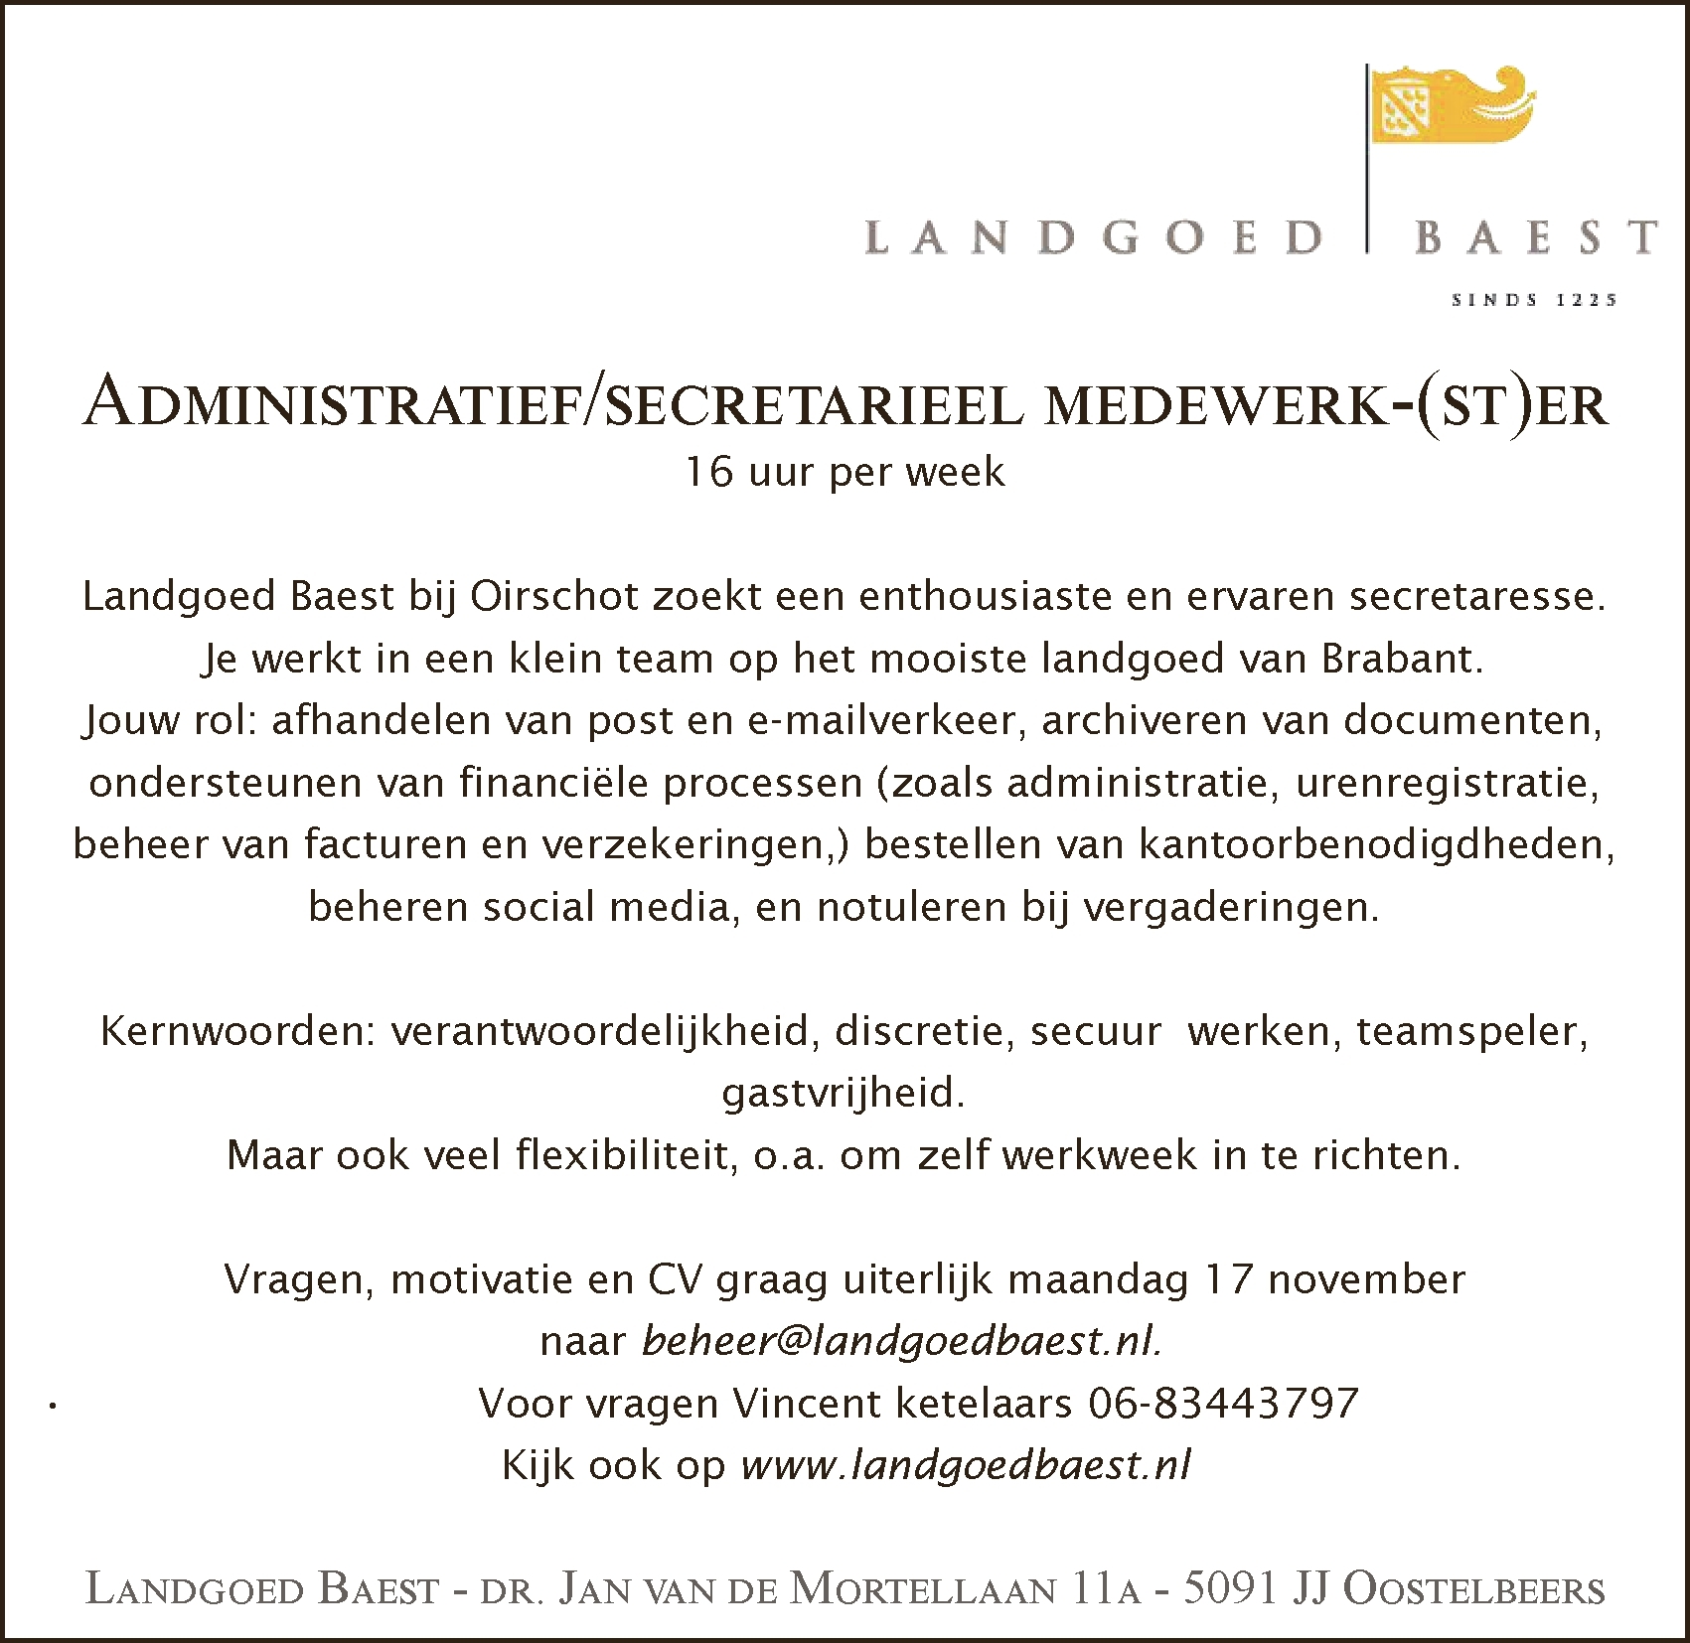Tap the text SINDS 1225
tap(1534, 299)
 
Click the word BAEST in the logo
tap(1535, 238)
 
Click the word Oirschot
tap(553, 597)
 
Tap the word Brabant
tap(1402, 660)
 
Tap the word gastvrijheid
tap(843, 1094)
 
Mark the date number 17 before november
tap(1228, 1279)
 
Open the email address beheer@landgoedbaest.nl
tap(902, 1342)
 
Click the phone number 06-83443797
tap(1223, 1404)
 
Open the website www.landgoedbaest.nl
tap(966, 1466)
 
